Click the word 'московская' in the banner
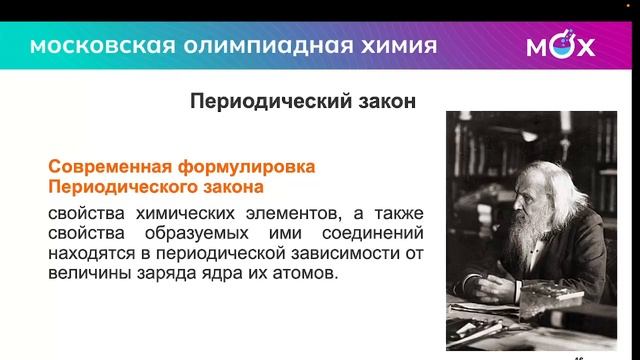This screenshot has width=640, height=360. click(x=89, y=46)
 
